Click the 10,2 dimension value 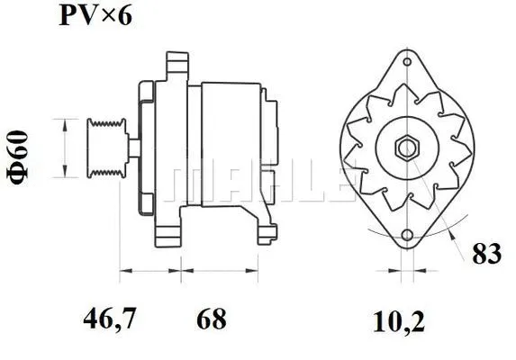click(399, 318)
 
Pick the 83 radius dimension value click(486, 255)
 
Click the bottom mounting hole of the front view click(406, 236)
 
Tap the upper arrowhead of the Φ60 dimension click(64, 122)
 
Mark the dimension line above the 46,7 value click(150, 269)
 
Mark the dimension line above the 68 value click(220, 269)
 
